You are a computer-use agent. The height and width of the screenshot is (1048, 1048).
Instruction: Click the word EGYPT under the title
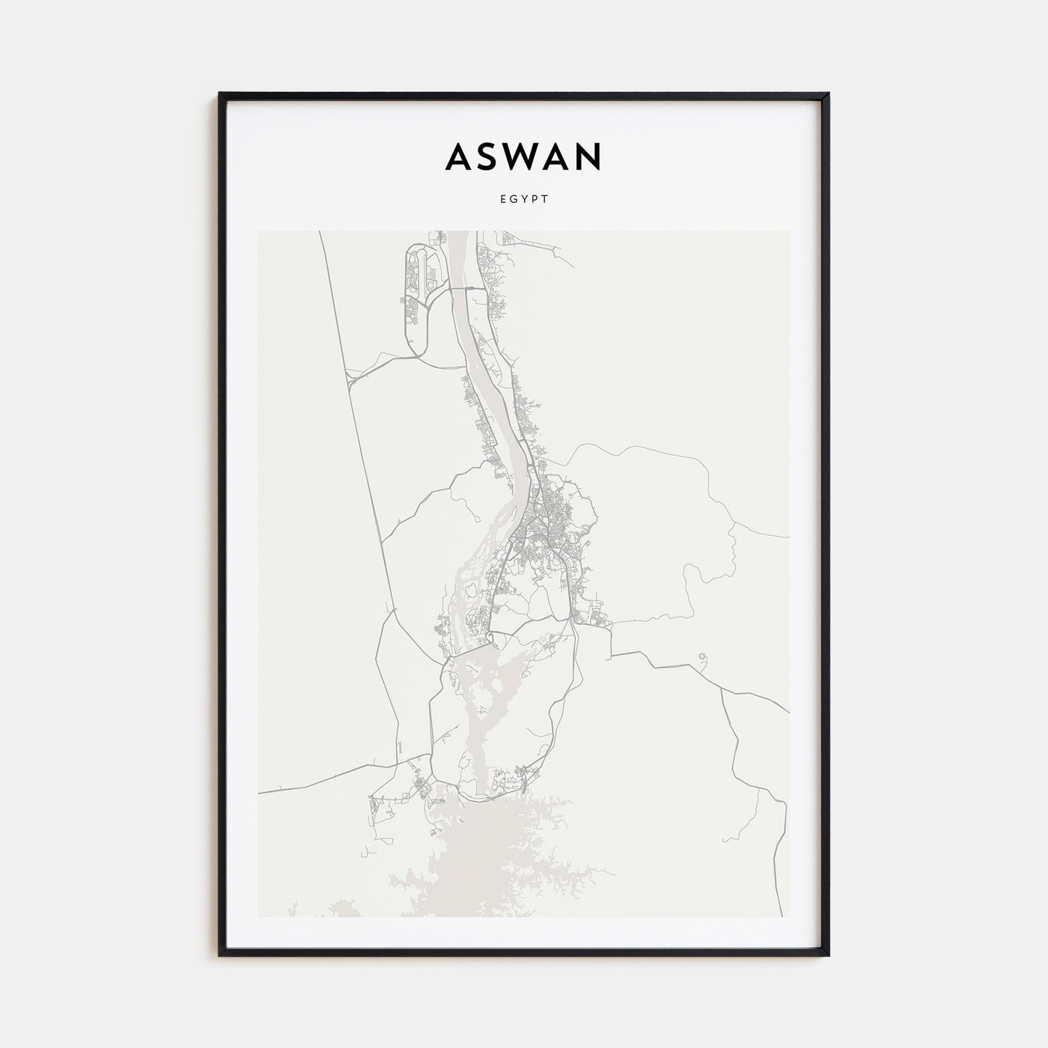(523, 200)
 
